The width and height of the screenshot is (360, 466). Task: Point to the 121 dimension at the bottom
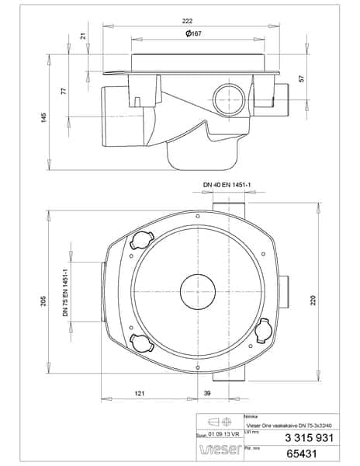coord(140,395)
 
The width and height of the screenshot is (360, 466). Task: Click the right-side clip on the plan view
coord(264,332)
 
